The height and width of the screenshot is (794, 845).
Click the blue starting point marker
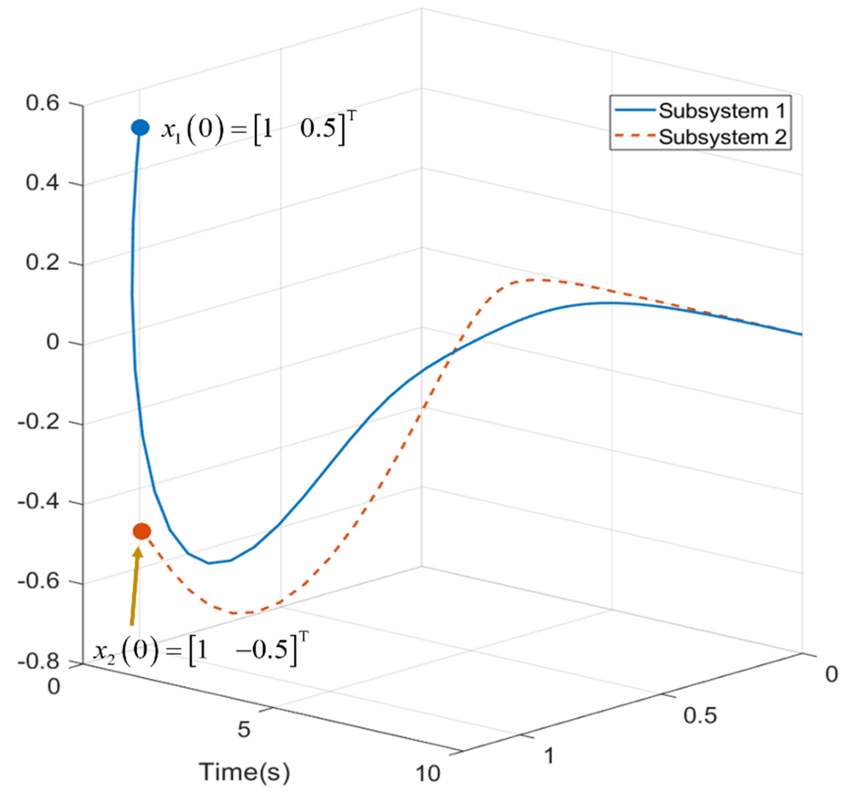pyautogui.click(x=140, y=127)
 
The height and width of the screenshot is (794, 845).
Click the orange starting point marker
pyautogui.click(x=142, y=531)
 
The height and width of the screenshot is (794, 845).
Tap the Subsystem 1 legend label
pyautogui.click(x=722, y=111)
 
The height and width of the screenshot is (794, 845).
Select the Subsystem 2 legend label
pyautogui.click(x=722, y=137)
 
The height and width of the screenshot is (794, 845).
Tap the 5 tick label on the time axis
pyautogui.click(x=244, y=730)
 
